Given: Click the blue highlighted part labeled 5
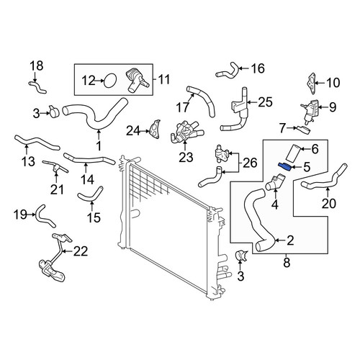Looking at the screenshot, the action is pos(284,166).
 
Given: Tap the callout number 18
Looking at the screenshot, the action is pos(37,66).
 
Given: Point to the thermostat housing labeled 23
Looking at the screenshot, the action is pos(186,132).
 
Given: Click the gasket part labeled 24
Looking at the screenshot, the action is pos(155,130).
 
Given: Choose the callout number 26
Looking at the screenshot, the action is pos(250,163).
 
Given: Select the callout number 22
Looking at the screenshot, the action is pos(81,251).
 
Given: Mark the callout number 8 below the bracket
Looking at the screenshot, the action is pos(287,263).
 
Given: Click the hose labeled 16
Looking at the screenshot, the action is pos(228,71).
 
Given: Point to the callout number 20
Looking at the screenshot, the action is pos(329,203).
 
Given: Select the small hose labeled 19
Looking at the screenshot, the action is pos(45,217).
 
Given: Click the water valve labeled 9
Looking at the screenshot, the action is pos(310,111).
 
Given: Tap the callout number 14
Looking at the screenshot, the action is pos(87,179).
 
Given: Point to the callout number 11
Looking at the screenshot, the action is pos(164,79).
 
